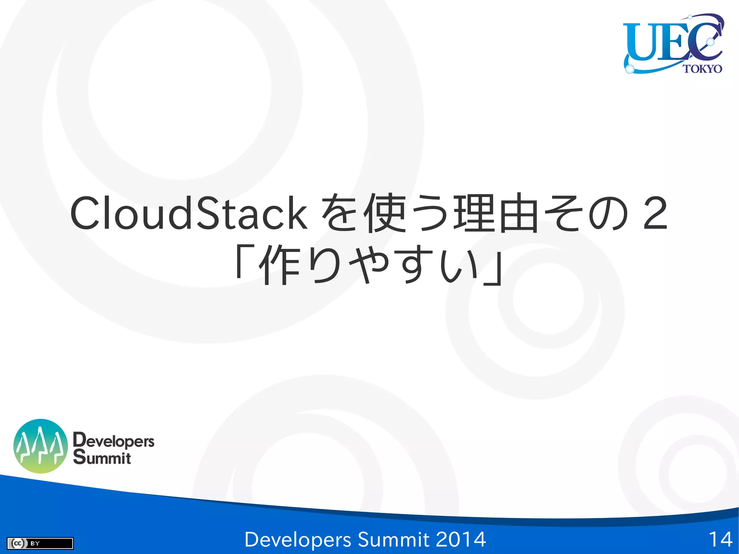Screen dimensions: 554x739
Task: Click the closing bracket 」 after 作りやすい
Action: [x=493, y=269]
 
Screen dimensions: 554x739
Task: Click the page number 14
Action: [x=720, y=540]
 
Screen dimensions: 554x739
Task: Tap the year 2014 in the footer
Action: [x=461, y=540]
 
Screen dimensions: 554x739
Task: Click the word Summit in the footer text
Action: [x=393, y=540]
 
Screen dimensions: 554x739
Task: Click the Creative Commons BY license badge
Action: [x=40, y=543]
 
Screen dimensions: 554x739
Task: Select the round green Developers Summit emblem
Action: [x=40, y=446]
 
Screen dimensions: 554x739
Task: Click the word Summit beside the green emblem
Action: [x=102, y=458]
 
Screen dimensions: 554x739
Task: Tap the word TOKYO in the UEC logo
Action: [x=702, y=69]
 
